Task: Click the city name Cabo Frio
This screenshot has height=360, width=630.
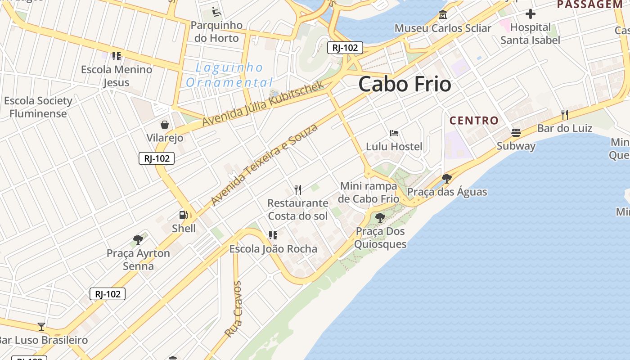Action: [x=405, y=84]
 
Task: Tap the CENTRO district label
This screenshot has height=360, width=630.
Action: [x=474, y=121]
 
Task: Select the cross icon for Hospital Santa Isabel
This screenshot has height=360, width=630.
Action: [x=531, y=14]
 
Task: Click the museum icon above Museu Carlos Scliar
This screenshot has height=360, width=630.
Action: [x=443, y=15]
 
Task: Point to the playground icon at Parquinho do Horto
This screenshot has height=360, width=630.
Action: [x=216, y=12]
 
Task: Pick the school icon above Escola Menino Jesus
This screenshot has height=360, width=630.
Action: [x=117, y=56]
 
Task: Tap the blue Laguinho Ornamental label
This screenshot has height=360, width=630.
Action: [x=229, y=75]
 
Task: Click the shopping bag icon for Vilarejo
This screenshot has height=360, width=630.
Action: [x=165, y=124]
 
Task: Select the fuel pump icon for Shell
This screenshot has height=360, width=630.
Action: [x=184, y=215]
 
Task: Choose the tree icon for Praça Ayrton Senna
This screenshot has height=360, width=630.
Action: [x=138, y=239]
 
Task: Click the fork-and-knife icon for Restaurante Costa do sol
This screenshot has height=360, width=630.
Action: [x=297, y=189]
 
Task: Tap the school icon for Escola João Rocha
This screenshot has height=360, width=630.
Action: [x=273, y=235]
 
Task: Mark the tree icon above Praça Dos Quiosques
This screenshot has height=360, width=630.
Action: [x=380, y=218]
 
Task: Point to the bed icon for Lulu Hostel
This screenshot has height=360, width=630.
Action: [x=394, y=133]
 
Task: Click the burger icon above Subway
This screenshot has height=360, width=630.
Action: [x=516, y=133]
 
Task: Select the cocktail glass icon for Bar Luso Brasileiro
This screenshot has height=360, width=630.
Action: [x=41, y=326]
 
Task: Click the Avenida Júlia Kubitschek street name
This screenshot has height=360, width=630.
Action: [x=263, y=104]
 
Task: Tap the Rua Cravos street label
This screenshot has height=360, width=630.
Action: [x=234, y=309]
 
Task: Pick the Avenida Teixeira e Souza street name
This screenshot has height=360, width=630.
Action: [x=264, y=164]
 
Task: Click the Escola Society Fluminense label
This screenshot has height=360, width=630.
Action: [x=38, y=107]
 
